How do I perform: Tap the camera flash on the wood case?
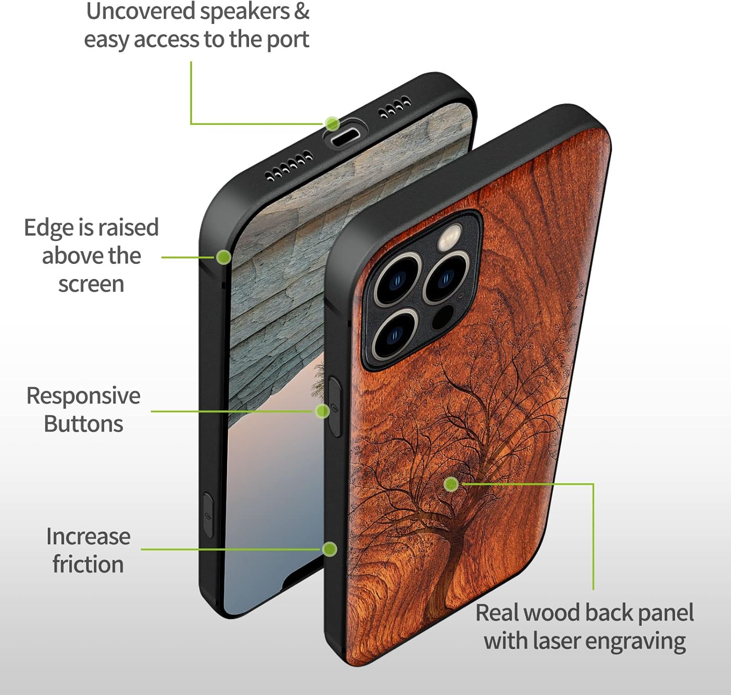(x=451, y=236)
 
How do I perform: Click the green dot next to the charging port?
(x=332, y=123)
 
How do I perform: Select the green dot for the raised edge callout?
(x=223, y=257)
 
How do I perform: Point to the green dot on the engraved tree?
(x=451, y=484)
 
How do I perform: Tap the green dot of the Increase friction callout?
(x=330, y=549)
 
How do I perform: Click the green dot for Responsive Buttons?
(x=322, y=411)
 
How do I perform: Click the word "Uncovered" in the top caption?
(x=139, y=12)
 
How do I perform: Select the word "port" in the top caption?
(x=288, y=40)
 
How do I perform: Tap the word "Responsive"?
(x=83, y=396)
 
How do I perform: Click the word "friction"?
(x=88, y=565)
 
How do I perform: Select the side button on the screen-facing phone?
(x=209, y=515)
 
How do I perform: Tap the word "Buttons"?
(x=83, y=424)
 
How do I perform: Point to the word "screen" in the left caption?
(x=91, y=284)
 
